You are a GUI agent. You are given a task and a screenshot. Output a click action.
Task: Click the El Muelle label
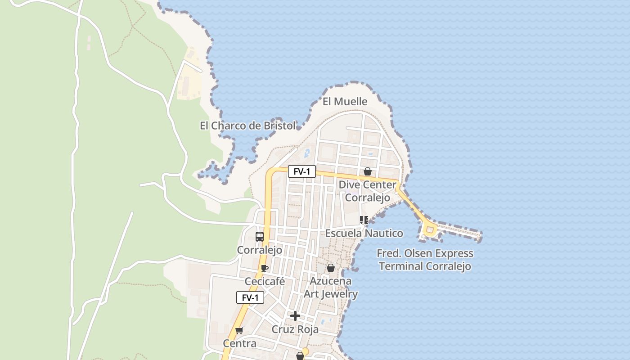pyautogui.click(x=345, y=102)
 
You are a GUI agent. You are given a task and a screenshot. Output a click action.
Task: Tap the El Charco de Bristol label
pyautogui.click(x=248, y=126)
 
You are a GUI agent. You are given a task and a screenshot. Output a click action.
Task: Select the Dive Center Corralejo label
pyautogui.click(x=368, y=191)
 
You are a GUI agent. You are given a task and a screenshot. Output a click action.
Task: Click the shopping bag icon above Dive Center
pyautogui.click(x=368, y=171)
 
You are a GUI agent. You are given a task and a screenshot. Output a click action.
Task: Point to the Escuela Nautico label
pyautogui.click(x=364, y=233)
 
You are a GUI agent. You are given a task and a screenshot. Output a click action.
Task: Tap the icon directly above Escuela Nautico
pyautogui.click(x=364, y=220)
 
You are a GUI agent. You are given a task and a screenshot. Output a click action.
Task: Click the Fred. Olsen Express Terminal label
pyautogui.click(x=425, y=260)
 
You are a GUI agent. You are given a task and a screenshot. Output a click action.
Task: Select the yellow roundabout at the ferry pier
pyautogui.click(x=430, y=231)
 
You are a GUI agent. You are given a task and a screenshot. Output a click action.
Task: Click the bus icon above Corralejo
pyautogui.click(x=260, y=237)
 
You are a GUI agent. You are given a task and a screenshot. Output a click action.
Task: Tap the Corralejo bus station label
pyautogui.click(x=260, y=250)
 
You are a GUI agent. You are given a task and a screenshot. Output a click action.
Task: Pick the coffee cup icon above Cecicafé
pyautogui.click(x=265, y=269)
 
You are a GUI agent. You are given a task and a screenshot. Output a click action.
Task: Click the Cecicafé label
pyautogui.click(x=265, y=282)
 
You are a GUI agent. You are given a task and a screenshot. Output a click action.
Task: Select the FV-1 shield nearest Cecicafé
pyautogui.click(x=250, y=297)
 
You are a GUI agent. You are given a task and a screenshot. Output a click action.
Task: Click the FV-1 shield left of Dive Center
pyautogui.click(x=302, y=171)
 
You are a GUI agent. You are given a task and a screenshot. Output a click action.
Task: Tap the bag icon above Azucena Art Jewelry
pyautogui.click(x=331, y=268)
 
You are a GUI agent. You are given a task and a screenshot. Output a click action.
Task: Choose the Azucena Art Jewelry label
pyautogui.click(x=331, y=288)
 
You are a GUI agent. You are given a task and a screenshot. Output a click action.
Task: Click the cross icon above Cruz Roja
pyautogui.click(x=295, y=316)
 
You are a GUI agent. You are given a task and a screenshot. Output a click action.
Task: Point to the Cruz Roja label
pyautogui.click(x=295, y=329)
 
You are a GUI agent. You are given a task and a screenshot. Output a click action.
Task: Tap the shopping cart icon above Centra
pyautogui.click(x=239, y=331)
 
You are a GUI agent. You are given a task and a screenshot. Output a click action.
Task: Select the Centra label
pyautogui.click(x=240, y=344)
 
